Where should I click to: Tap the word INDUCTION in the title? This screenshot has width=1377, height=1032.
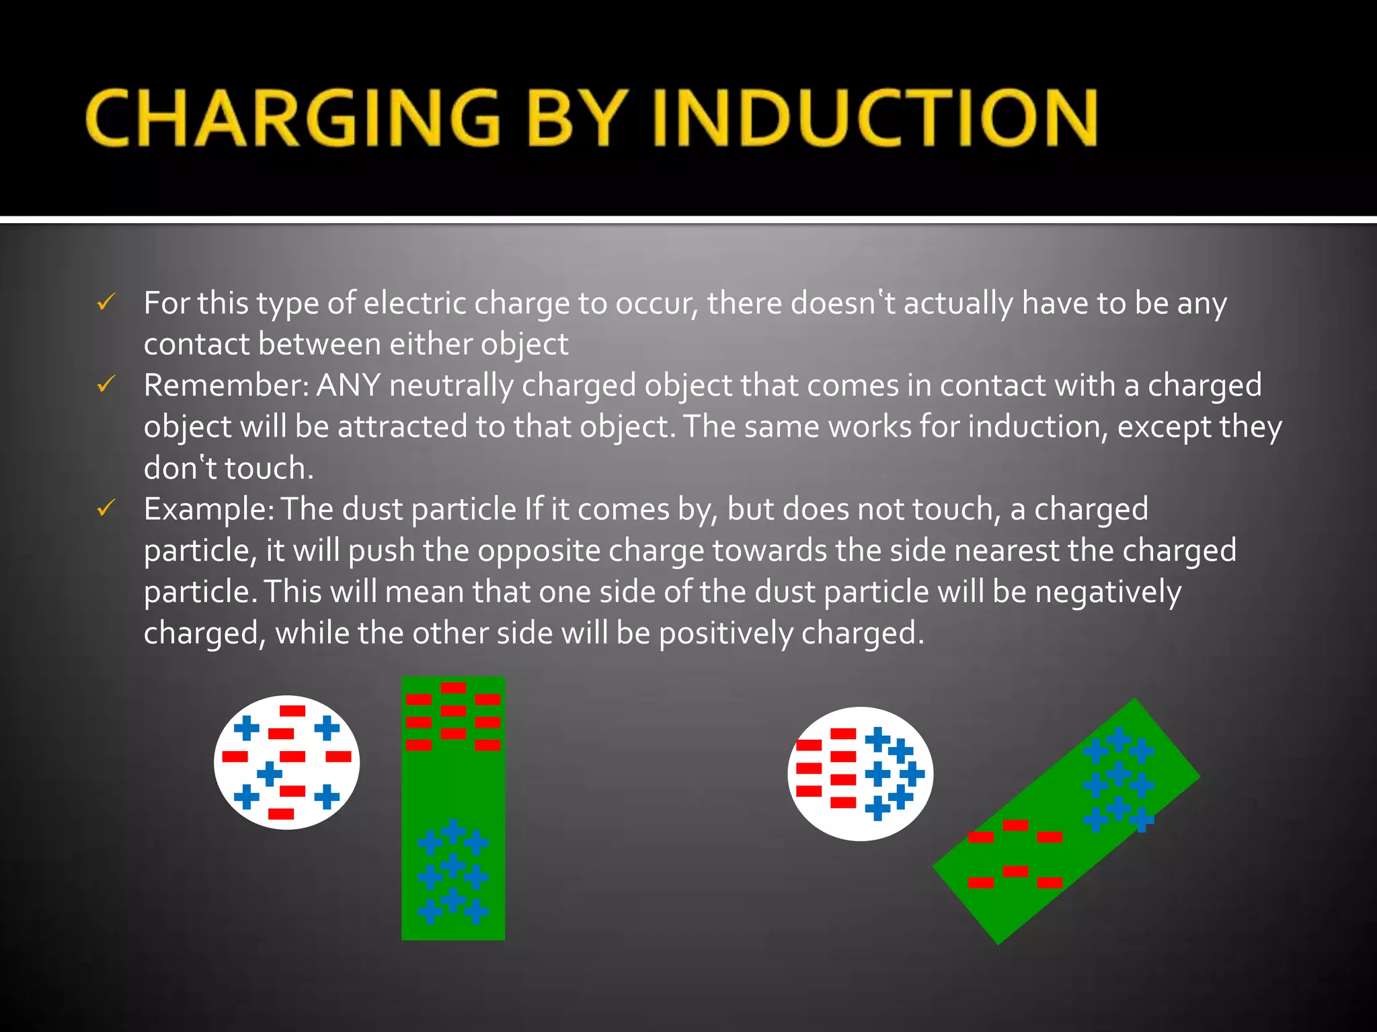(874, 118)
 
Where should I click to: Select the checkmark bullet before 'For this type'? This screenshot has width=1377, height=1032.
(107, 302)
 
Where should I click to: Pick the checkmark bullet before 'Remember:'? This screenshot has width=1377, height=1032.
(107, 385)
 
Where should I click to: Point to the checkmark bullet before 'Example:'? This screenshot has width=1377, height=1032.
(107, 509)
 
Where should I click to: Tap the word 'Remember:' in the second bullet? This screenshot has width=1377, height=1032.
(226, 386)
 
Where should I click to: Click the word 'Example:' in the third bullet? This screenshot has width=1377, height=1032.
(208, 509)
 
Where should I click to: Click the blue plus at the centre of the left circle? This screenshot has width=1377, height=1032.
(270, 773)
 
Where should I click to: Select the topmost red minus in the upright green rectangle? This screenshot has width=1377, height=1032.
(453, 687)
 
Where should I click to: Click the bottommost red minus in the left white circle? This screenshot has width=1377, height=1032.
(281, 814)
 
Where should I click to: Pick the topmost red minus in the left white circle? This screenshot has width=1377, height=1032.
(292, 711)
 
